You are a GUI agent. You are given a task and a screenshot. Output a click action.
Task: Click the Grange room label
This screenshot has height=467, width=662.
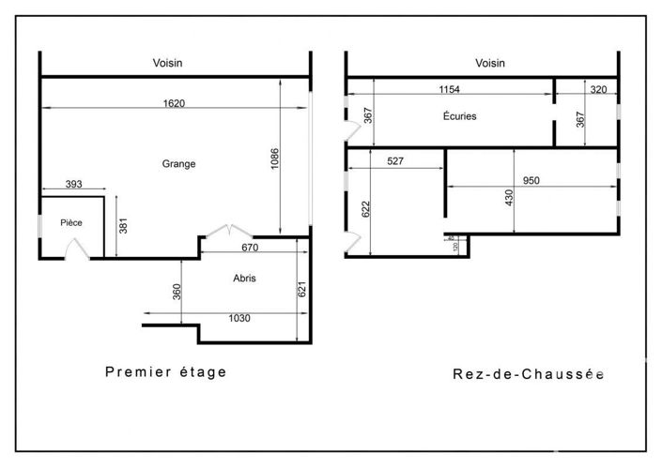click(x=178, y=163)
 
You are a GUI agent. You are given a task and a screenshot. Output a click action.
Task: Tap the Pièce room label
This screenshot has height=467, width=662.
click(x=70, y=222)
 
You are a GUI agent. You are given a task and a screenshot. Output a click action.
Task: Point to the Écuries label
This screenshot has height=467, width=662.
click(x=459, y=117)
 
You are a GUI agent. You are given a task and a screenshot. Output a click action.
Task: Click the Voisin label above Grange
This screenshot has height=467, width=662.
click(x=168, y=63)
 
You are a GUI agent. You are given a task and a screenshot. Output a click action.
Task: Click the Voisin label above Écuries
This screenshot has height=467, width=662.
click(x=490, y=63)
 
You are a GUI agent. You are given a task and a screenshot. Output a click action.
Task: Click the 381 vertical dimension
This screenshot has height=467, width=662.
click(x=123, y=226)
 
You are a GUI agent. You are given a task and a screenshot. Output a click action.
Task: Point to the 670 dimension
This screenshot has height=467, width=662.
click(x=249, y=248)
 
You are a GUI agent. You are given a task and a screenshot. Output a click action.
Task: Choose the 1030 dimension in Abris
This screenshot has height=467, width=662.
click(x=240, y=318)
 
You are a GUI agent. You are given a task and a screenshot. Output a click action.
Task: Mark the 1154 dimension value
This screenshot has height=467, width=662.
click(x=450, y=89)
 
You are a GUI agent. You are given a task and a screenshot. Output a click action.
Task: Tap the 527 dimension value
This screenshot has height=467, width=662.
click(x=395, y=161)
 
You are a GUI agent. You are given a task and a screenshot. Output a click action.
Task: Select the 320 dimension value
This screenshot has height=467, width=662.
click(x=598, y=89)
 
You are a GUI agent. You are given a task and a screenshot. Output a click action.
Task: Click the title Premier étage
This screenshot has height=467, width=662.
click(x=165, y=371)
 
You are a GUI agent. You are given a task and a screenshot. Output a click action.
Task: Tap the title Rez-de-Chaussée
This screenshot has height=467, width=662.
click(x=528, y=373)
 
